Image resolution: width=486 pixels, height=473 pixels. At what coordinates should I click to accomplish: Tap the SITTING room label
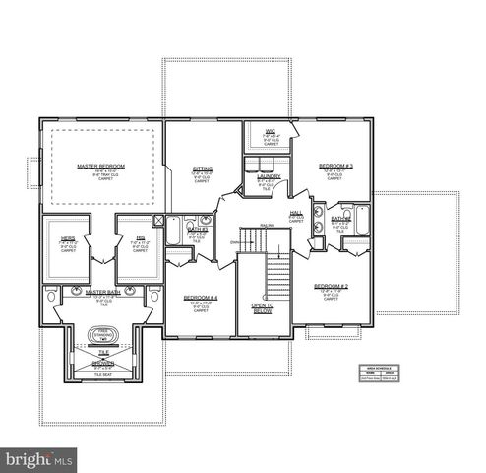click(202, 169)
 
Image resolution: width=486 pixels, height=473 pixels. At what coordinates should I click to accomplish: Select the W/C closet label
click(270, 130)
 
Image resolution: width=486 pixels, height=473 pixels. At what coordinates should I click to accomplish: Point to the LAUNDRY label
click(269, 176)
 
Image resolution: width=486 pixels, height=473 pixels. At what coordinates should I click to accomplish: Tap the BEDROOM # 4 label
click(201, 298)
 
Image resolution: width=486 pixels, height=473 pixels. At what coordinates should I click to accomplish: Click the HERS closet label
click(68, 239)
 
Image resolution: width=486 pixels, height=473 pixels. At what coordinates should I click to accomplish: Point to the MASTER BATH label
click(102, 293)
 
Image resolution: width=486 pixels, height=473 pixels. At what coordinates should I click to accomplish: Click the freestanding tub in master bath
click(102, 336)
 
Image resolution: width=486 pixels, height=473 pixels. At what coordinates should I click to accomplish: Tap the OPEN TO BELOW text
click(263, 309)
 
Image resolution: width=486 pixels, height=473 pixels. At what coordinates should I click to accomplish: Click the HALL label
click(295, 213)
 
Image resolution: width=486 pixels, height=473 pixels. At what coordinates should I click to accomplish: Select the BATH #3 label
click(340, 219)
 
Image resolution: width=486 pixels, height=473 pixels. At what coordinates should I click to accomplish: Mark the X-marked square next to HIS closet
click(159, 221)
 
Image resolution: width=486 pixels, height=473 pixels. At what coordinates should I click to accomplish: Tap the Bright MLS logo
click(39, 459)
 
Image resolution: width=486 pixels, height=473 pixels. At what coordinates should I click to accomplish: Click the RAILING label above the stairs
click(267, 227)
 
